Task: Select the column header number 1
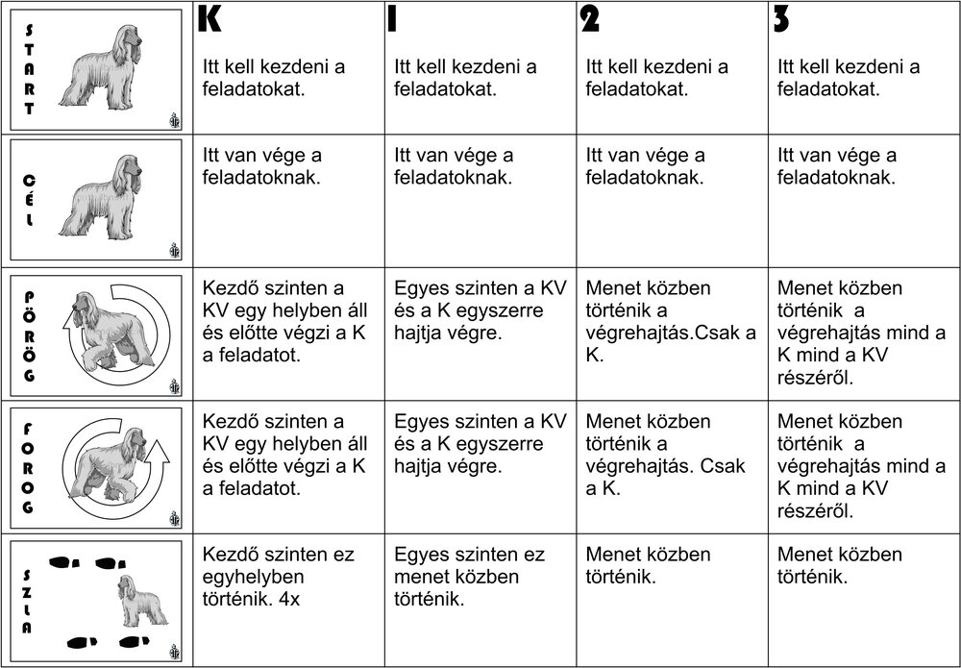pyautogui.click(x=392, y=20)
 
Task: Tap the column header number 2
pyautogui.click(x=589, y=20)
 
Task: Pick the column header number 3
pyautogui.click(x=781, y=20)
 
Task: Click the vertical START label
pyautogui.click(x=30, y=67)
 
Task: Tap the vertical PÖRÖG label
pyautogui.click(x=29, y=335)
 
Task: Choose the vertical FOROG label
pyautogui.click(x=29, y=467)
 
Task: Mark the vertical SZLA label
pyautogui.click(x=28, y=600)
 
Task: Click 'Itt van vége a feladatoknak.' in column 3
pyautogui.click(x=837, y=166)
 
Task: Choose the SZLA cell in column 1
pyautogui.click(x=470, y=577)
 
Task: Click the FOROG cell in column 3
pyautogui.click(x=861, y=466)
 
